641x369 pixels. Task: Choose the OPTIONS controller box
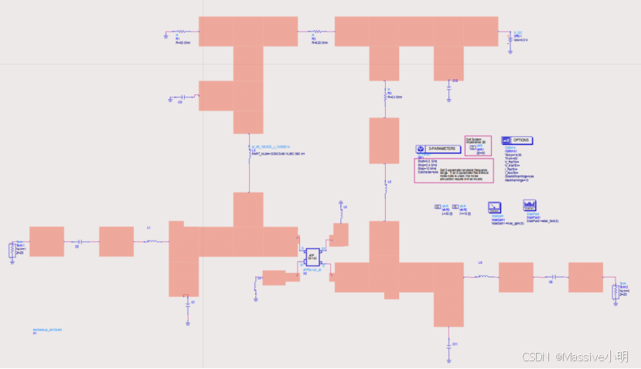point(517,140)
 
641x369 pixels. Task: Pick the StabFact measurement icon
point(530,206)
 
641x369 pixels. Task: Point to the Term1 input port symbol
point(12,248)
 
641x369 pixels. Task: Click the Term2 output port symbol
point(615,291)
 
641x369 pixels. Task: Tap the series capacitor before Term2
point(551,277)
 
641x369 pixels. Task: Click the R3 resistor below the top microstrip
point(386,97)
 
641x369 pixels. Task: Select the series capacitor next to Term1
point(78,241)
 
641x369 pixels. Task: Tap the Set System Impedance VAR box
point(477,144)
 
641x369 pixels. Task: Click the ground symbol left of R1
point(166,33)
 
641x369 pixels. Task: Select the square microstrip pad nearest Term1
point(46,241)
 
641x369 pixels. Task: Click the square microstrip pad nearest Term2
point(585,277)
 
